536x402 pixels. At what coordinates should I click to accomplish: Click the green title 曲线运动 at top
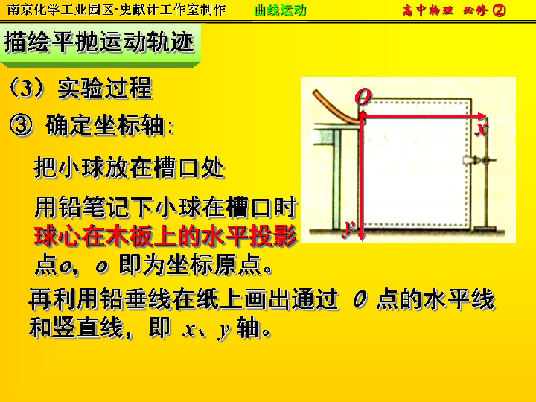pyautogui.click(x=281, y=10)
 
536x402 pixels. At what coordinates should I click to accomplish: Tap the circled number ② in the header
pyautogui.click(x=499, y=10)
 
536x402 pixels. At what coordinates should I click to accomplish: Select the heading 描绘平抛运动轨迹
pyautogui.click(x=99, y=42)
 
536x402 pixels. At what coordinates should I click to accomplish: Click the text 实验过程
pyautogui.click(x=105, y=88)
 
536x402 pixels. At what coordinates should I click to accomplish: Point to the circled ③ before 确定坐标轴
pyautogui.click(x=21, y=126)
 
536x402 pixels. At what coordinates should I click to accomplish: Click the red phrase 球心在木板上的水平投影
pyautogui.click(x=165, y=236)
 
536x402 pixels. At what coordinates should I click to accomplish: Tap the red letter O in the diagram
pyautogui.click(x=363, y=96)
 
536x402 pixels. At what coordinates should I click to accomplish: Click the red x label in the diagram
pyautogui.click(x=482, y=130)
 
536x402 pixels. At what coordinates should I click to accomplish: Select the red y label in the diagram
pyautogui.click(x=348, y=228)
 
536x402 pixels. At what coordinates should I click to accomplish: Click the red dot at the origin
pyautogui.click(x=362, y=116)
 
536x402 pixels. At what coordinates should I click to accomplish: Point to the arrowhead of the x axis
pyautogui.click(x=482, y=116)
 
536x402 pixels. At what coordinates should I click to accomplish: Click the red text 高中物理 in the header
pyautogui.click(x=428, y=10)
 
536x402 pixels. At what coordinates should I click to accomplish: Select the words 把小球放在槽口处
pyautogui.click(x=129, y=167)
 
